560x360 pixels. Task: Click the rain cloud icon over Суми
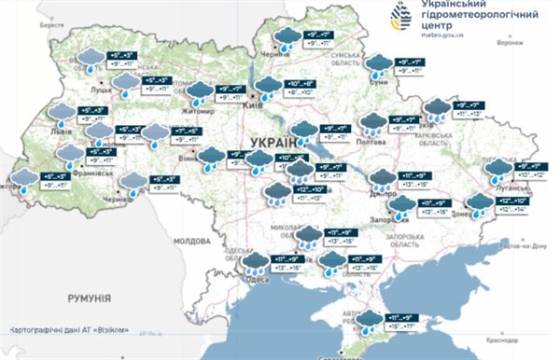click(378, 65)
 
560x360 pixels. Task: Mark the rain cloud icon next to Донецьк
click(479, 202)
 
